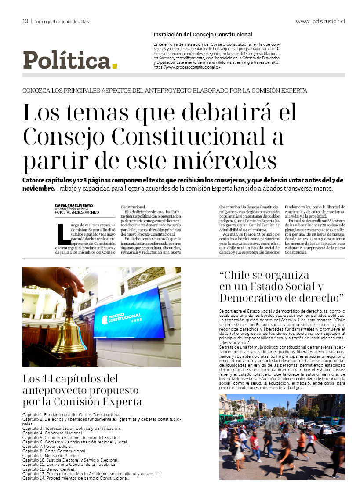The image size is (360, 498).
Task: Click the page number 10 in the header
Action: click(x=25, y=21)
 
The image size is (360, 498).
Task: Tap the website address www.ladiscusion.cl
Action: click(x=320, y=21)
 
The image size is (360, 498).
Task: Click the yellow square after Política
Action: click(x=115, y=66)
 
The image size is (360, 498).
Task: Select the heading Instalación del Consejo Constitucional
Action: click(x=203, y=34)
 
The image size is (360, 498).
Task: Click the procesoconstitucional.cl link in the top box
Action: click(x=186, y=68)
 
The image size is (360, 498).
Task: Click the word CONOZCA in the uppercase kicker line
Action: click(x=38, y=91)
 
